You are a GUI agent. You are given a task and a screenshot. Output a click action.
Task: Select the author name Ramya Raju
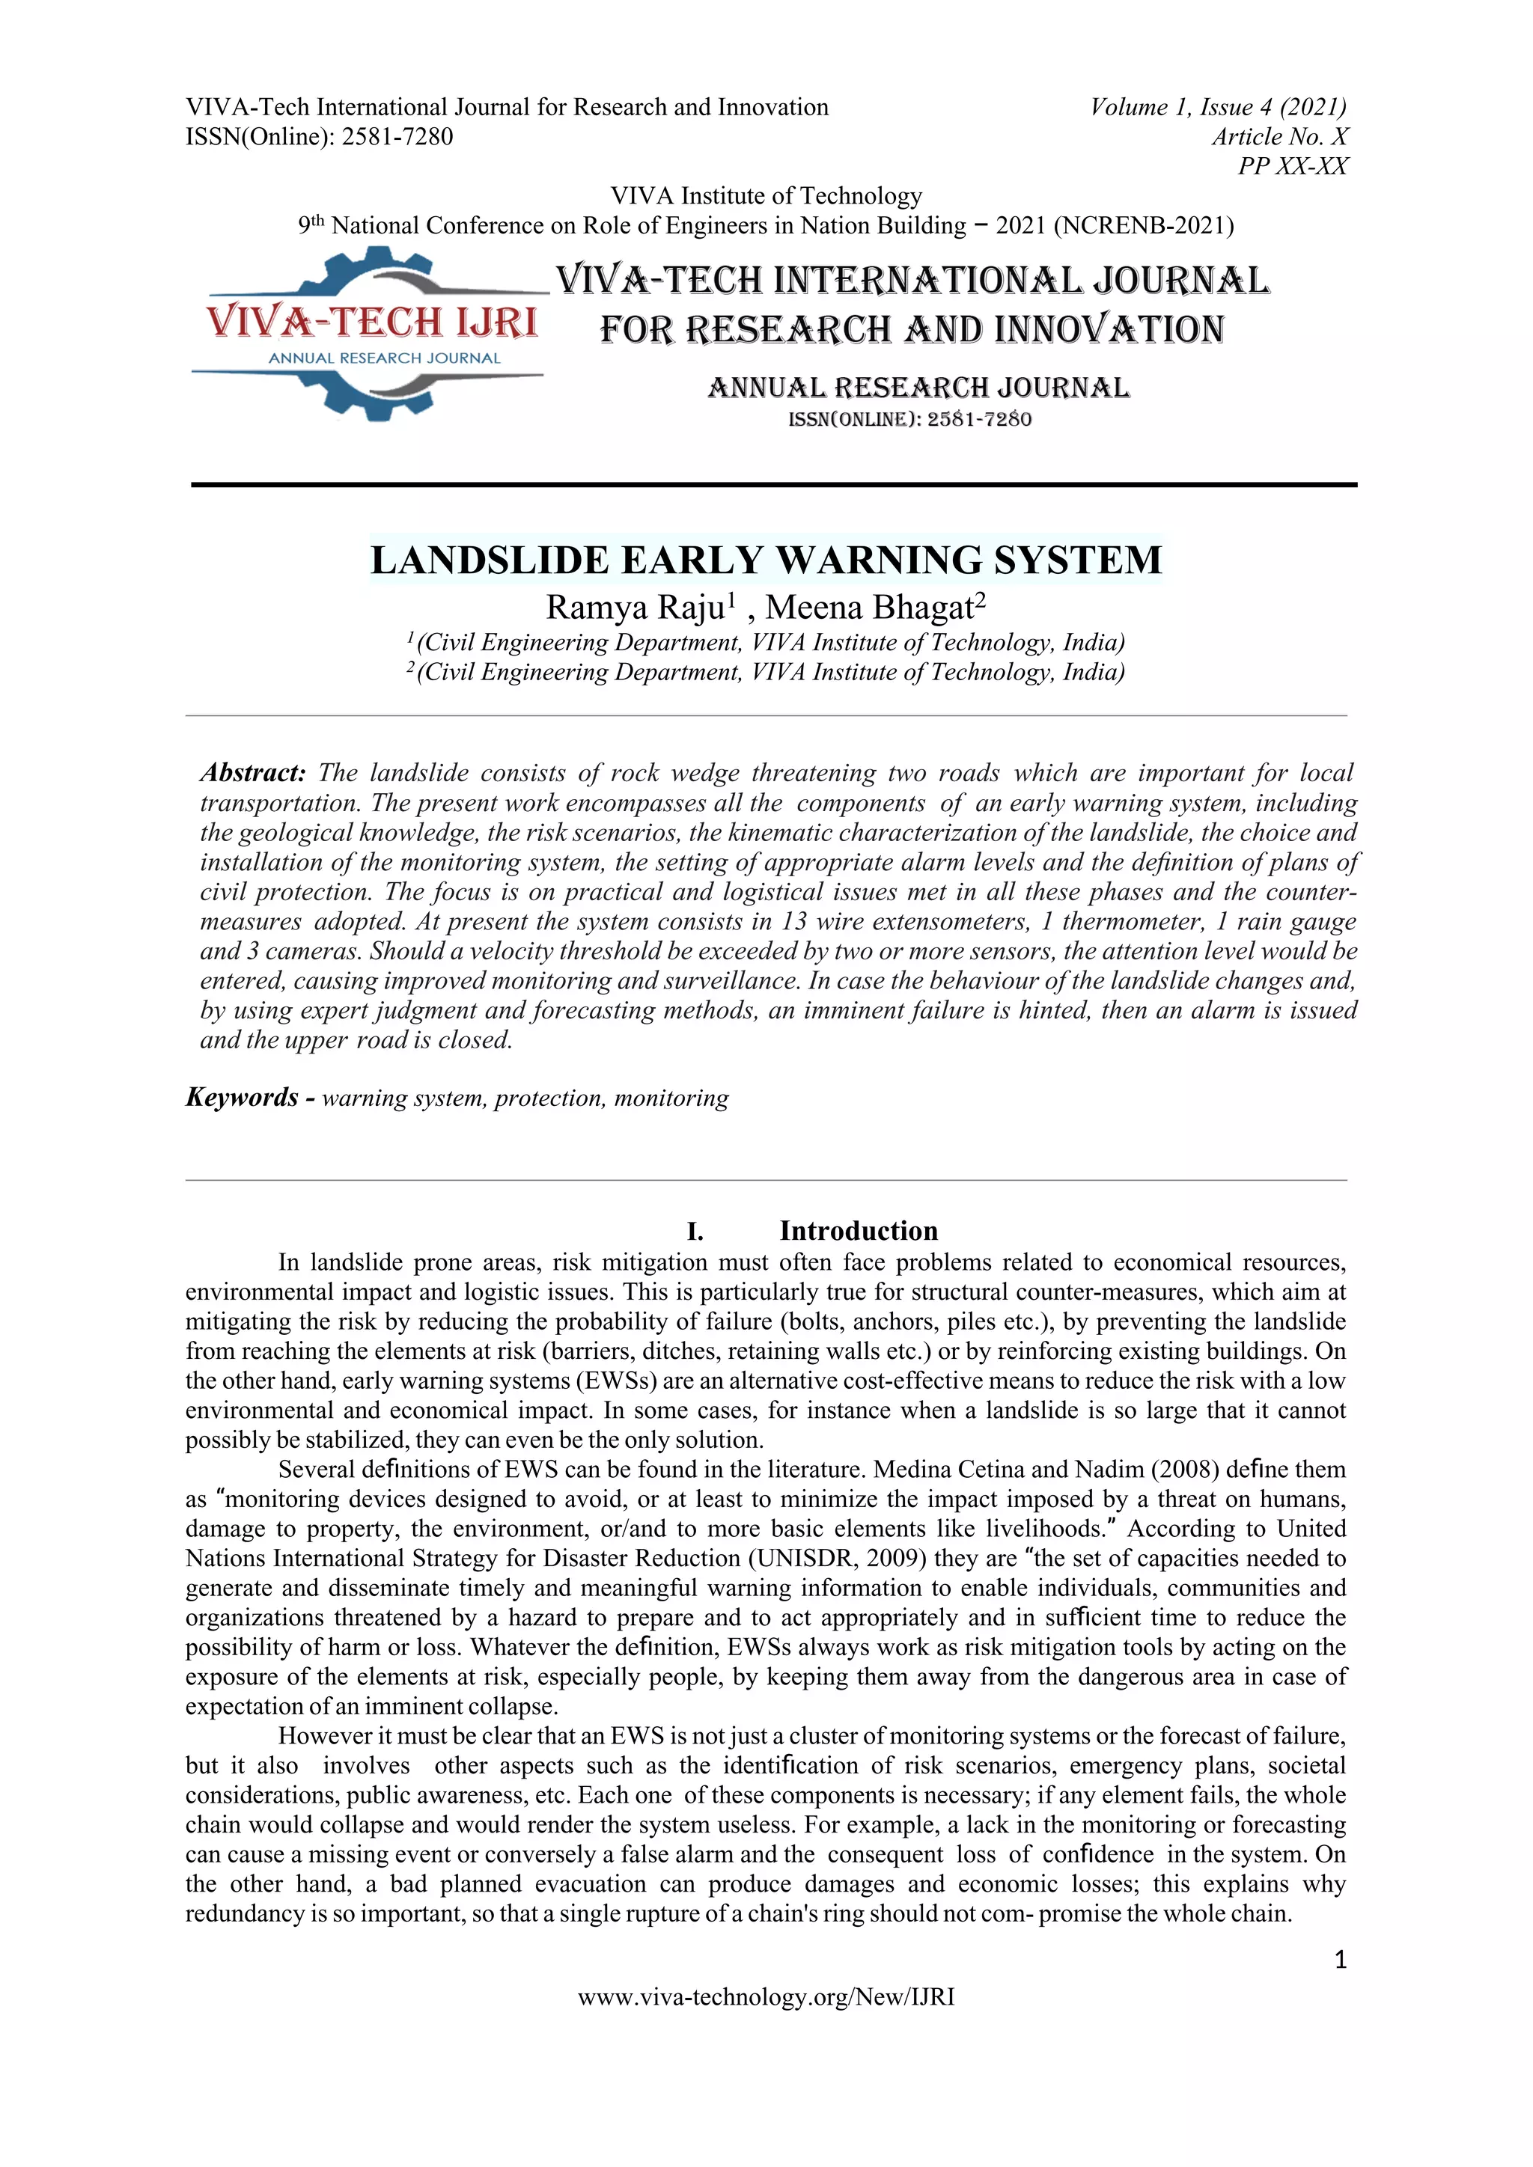[634, 607]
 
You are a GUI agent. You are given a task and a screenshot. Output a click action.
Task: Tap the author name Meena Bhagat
[869, 607]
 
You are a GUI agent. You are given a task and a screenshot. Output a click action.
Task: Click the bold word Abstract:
[253, 773]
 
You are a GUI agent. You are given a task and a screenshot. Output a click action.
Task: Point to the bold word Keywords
[242, 1097]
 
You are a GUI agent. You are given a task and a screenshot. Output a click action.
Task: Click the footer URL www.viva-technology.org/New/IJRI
[766, 1996]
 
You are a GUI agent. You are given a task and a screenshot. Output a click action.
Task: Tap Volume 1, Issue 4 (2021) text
[1218, 107]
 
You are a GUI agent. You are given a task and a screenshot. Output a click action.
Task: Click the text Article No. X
[1280, 137]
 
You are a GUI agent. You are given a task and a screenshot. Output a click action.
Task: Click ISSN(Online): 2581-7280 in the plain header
[319, 137]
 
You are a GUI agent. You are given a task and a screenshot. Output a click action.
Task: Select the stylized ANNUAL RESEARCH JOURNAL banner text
[918, 388]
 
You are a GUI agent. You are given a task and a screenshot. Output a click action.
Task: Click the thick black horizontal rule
[773, 484]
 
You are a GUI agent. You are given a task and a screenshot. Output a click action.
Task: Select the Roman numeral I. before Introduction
[695, 1232]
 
